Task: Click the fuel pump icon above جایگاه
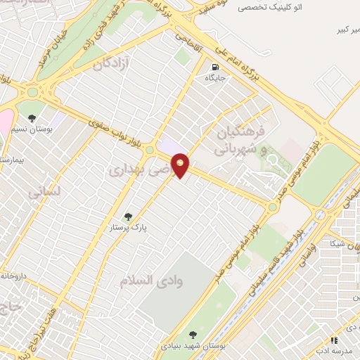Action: pos(214,68)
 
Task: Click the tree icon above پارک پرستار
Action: pos(127,217)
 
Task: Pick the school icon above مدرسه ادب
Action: pos(333,340)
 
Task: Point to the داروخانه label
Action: pos(14,276)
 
